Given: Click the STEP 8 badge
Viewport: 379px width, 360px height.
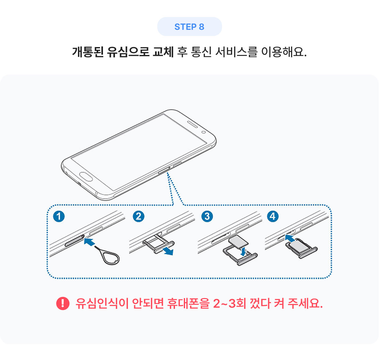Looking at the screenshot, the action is (x=189, y=27).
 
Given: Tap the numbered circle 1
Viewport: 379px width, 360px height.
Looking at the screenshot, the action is (x=59, y=216).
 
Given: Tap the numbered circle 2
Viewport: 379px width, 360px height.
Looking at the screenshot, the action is (x=139, y=216).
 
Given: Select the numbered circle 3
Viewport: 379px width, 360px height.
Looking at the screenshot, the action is (x=207, y=216).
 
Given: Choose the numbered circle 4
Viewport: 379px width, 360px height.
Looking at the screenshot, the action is (x=273, y=216).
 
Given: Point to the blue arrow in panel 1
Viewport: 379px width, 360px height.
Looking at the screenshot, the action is (x=89, y=242).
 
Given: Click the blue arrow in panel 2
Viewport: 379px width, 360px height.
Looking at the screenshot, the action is (x=167, y=251).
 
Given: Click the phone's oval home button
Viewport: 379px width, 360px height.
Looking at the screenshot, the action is (x=86, y=177).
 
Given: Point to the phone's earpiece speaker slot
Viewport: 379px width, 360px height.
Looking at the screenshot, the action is (x=193, y=124).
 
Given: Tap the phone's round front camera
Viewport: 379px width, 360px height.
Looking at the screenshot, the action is (x=204, y=132).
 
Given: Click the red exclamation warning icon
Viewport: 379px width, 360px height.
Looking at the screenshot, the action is (x=63, y=303).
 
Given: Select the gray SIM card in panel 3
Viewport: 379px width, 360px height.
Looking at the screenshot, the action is (x=238, y=243).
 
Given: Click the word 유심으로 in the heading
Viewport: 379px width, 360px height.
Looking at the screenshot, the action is (x=128, y=52).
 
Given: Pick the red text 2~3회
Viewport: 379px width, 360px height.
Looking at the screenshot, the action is (x=229, y=303).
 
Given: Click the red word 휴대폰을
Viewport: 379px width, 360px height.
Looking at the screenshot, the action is (x=188, y=303).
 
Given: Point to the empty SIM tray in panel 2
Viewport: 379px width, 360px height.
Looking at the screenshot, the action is (x=159, y=243).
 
